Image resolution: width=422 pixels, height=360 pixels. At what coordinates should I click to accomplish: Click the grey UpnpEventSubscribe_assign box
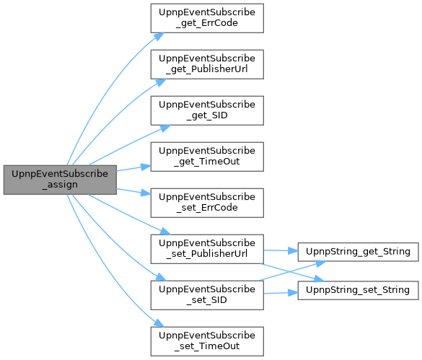pyautogui.click(x=60, y=180)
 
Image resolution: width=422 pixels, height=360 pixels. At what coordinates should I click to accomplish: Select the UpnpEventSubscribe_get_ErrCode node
pyautogui.click(x=207, y=18)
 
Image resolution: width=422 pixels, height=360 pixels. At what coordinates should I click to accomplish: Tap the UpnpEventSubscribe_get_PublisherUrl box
pyautogui.click(x=207, y=64)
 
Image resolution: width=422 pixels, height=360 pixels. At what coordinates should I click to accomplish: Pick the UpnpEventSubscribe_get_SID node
pyautogui.click(x=207, y=110)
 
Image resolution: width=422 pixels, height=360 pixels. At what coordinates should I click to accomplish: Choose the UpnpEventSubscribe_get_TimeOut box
pyautogui.click(x=207, y=157)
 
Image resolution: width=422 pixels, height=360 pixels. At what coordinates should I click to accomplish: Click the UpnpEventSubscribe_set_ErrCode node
pyautogui.click(x=207, y=203)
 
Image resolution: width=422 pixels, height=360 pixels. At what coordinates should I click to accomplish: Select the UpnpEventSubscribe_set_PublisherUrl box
pyautogui.click(x=207, y=249)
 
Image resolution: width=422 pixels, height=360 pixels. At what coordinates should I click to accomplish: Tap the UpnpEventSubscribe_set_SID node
pyautogui.click(x=207, y=295)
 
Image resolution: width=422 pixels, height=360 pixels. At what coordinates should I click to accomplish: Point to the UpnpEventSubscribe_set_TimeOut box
pyautogui.click(x=207, y=341)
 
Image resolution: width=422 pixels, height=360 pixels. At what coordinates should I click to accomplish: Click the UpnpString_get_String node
pyautogui.click(x=359, y=252)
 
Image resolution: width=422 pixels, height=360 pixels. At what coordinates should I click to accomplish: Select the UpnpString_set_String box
pyautogui.click(x=359, y=290)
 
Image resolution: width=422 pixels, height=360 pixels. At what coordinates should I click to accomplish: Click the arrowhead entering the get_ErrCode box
pyautogui.click(x=159, y=37)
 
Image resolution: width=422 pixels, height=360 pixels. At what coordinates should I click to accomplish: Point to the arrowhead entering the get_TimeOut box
pyautogui.click(x=146, y=167)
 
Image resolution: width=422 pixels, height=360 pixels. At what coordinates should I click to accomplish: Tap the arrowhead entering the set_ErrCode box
pyautogui.click(x=146, y=193)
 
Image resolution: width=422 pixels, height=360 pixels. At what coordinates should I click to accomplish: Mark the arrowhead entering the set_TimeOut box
pyautogui.click(x=159, y=322)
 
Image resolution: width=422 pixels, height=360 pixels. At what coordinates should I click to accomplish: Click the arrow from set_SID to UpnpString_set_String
pyautogui.click(x=281, y=293)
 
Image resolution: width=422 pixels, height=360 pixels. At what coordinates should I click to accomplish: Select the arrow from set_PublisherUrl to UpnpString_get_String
pyautogui.click(x=281, y=250)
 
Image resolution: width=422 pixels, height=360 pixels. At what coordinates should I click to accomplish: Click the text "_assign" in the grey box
pyautogui.click(x=60, y=185)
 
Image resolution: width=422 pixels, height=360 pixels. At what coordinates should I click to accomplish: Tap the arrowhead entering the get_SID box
pyautogui.click(x=165, y=128)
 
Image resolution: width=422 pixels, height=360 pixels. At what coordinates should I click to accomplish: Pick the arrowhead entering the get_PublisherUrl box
pyautogui.click(x=161, y=83)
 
